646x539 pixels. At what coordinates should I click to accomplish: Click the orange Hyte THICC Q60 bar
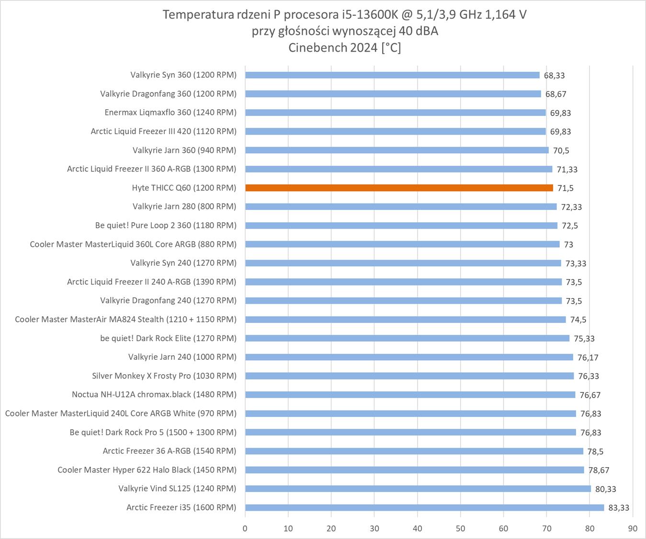(399, 188)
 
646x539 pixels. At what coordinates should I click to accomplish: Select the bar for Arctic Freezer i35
(424, 507)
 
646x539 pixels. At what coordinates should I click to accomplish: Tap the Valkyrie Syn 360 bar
(392, 75)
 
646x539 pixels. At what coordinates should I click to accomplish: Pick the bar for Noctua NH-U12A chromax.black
(410, 395)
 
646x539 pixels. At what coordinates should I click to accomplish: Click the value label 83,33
(619, 508)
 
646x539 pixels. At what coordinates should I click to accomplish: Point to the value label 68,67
(555, 94)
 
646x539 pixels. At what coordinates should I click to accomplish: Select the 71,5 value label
(565, 188)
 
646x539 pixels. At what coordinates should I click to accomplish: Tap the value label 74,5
(578, 320)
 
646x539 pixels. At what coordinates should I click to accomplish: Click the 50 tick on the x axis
(460, 528)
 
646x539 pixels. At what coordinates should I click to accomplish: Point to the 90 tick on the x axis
(633, 528)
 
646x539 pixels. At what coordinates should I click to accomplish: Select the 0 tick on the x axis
(245, 528)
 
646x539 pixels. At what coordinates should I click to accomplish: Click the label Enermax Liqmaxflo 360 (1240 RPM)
(170, 113)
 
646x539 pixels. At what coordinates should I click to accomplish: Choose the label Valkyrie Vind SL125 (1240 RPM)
(177, 489)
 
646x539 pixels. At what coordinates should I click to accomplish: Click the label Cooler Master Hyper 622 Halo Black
(147, 470)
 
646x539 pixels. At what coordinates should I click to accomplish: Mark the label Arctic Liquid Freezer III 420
(163, 131)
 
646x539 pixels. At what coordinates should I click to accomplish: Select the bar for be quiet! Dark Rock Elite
(407, 338)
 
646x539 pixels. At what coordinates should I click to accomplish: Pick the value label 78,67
(599, 470)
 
